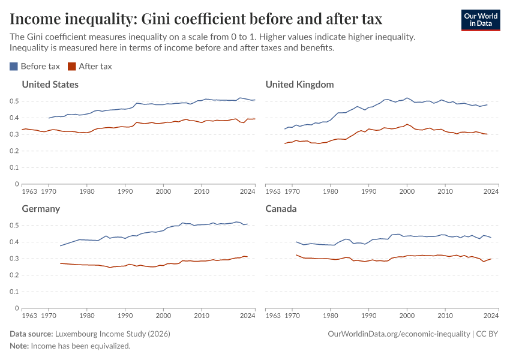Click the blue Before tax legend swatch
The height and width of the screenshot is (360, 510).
[x=14, y=67]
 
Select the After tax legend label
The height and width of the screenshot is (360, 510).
[x=95, y=67]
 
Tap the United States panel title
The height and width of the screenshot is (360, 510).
[x=50, y=85]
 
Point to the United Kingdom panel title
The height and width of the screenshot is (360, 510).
[x=299, y=85]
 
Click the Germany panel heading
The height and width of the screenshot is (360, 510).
[x=41, y=209]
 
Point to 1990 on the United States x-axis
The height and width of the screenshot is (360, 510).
[x=125, y=191]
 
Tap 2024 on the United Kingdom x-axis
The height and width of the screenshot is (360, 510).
[x=491, y=191]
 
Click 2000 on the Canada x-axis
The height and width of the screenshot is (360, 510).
[x=407, y=316]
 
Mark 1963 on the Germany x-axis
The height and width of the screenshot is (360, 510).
[x=29, y=316]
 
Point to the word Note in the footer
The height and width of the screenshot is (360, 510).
[x=18, y=346]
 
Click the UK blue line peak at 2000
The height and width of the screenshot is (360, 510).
[x=407, y=98]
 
